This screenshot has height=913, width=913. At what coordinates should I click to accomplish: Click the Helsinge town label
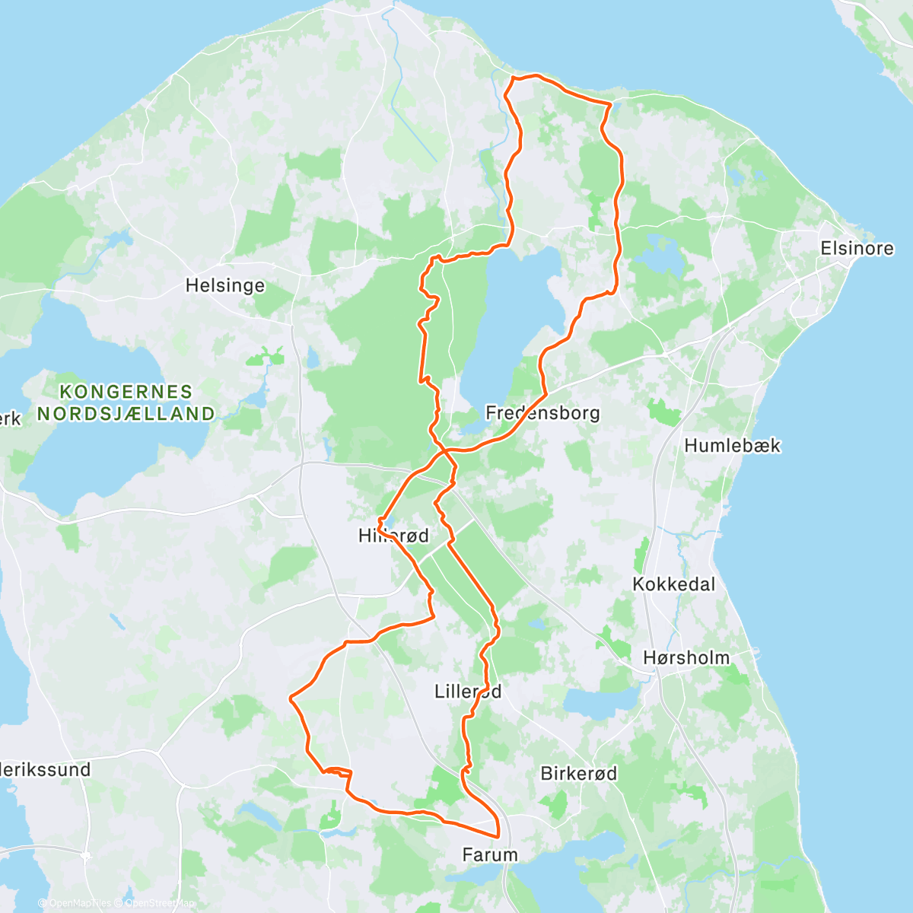point(225,286)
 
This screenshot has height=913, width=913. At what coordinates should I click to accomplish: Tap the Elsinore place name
point(857,249)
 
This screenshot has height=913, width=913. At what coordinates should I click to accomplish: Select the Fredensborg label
point(542,414)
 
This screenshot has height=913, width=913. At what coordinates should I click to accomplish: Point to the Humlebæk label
point(732,446)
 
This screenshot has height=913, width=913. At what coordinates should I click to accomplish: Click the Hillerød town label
point(393,536)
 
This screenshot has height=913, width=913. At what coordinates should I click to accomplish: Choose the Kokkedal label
point(674,585)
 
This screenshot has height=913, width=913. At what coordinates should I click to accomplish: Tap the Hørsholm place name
point(686,658)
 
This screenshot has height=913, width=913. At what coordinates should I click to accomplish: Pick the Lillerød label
point(468,692)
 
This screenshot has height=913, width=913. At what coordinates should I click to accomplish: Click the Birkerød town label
point(578,774)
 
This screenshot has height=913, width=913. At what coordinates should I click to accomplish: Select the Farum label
point(490,855)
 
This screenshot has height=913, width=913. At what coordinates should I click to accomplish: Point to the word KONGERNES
point(126,393)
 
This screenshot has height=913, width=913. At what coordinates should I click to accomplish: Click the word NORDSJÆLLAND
point(126,415)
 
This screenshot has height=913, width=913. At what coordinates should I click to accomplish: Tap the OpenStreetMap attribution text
point(159,904)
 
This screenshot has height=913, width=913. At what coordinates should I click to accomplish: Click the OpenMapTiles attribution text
point(80,904)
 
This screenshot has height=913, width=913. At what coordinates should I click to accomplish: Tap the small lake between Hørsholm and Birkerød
point(601,704)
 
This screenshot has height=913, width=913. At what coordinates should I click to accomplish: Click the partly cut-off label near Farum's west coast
point(46,770)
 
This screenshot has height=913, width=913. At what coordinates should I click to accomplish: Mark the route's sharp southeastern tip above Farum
point(498,835)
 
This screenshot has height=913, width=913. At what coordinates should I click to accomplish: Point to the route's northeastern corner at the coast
point(610,103)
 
